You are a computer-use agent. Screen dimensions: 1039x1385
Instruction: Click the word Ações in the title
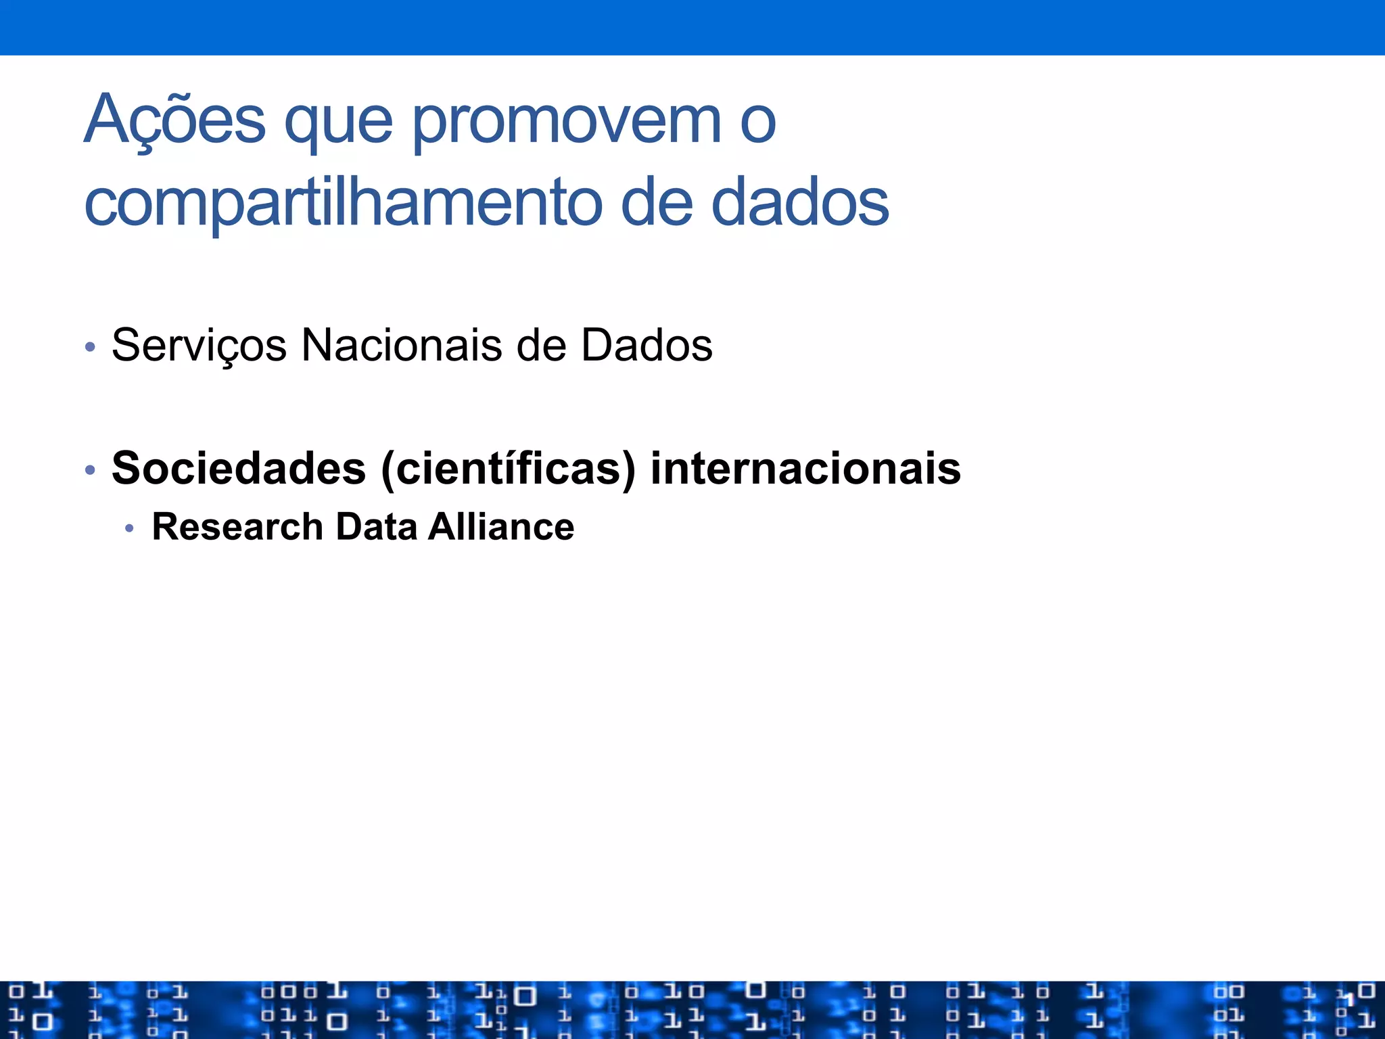pos(174,120)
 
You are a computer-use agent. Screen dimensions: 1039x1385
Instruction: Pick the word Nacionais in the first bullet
pos(402,345)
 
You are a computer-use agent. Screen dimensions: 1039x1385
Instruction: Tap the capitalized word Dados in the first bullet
pos(647,345)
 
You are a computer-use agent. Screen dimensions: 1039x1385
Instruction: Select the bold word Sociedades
pos(239,468)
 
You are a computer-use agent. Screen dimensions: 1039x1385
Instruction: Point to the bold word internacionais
pos(805,468)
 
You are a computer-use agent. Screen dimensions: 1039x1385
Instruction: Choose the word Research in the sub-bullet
pos(237,526)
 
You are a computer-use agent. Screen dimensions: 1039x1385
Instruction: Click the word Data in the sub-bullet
pos(376,526)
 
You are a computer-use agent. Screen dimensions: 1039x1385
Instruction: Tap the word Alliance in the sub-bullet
pos(501,526)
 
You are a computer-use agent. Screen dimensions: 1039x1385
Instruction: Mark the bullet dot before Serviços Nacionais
pos(90,348)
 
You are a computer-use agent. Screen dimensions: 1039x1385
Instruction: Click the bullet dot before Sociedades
pos(90,469)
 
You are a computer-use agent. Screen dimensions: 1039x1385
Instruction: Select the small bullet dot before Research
pos(130,528)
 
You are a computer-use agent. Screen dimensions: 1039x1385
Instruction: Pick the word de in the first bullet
pos(541,345)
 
